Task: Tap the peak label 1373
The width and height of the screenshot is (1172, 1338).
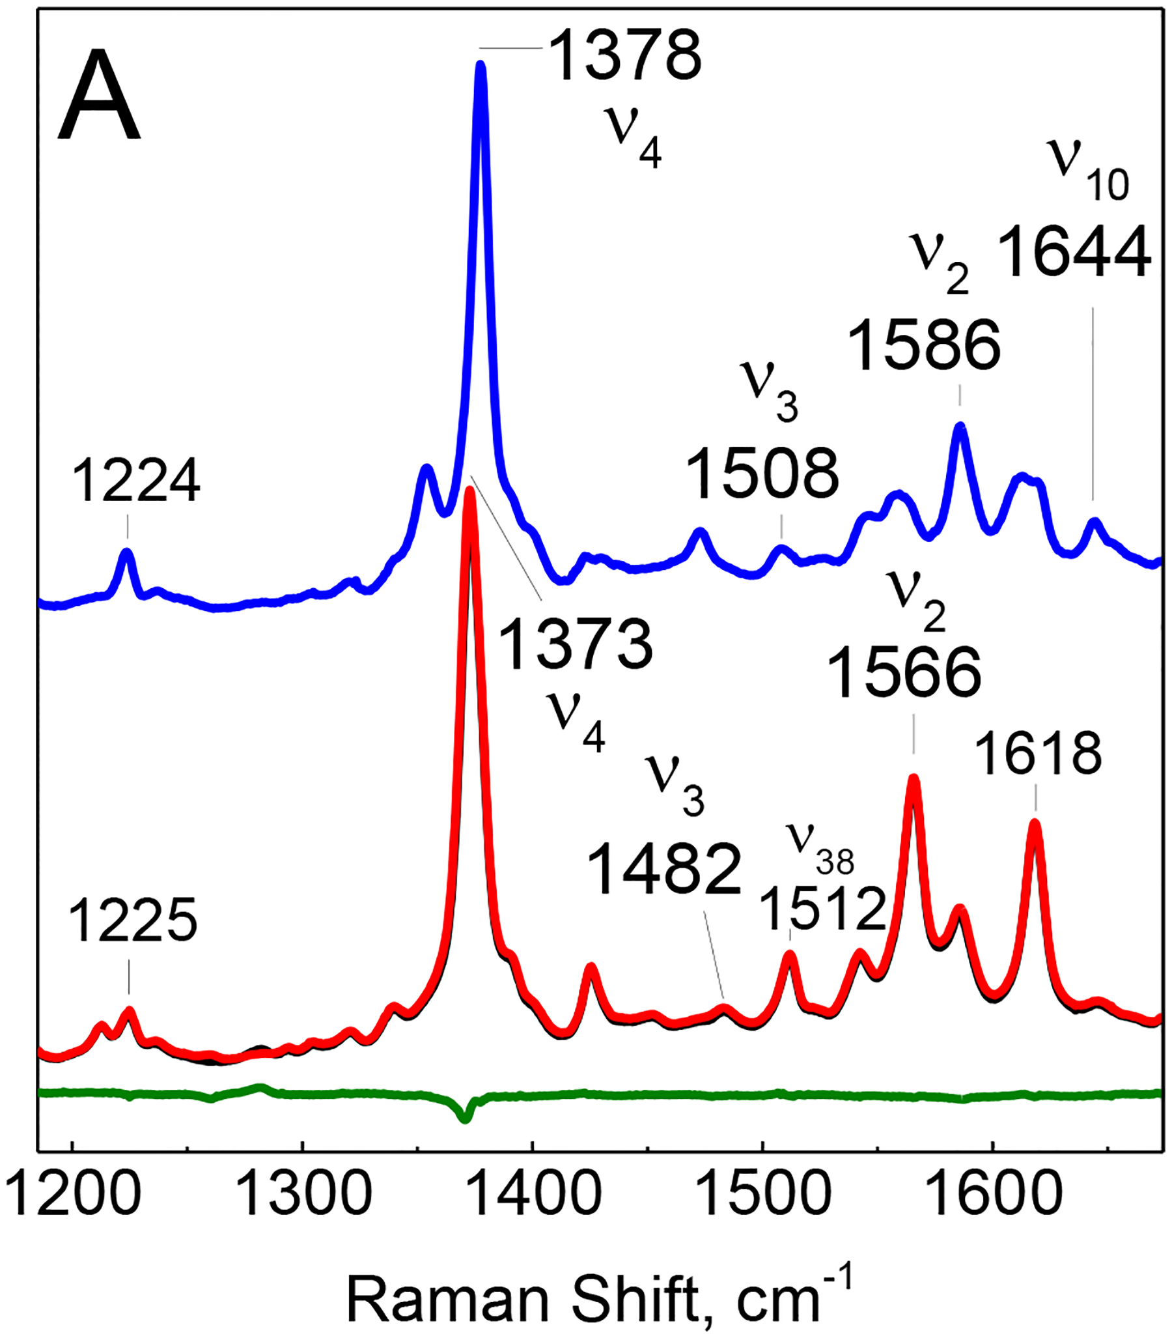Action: click(576, 644)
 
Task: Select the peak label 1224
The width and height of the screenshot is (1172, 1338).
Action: click(135, 481)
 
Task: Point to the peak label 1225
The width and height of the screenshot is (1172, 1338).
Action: click(133, 921)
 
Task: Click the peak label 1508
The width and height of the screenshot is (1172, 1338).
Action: click(762, 474)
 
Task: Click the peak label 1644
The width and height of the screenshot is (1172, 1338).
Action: click(1074, 252)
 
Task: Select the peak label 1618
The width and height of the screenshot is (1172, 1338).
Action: click(1039, 754)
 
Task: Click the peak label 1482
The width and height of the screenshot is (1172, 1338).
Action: click(665, 870)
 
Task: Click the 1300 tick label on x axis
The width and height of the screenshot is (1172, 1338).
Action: click(302, 1195)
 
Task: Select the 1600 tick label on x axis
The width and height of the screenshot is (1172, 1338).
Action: click(993, 1195)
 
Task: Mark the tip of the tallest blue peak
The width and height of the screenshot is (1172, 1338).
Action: click(481, 64)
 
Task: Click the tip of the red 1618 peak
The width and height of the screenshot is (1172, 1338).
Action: click(1035, 823)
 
